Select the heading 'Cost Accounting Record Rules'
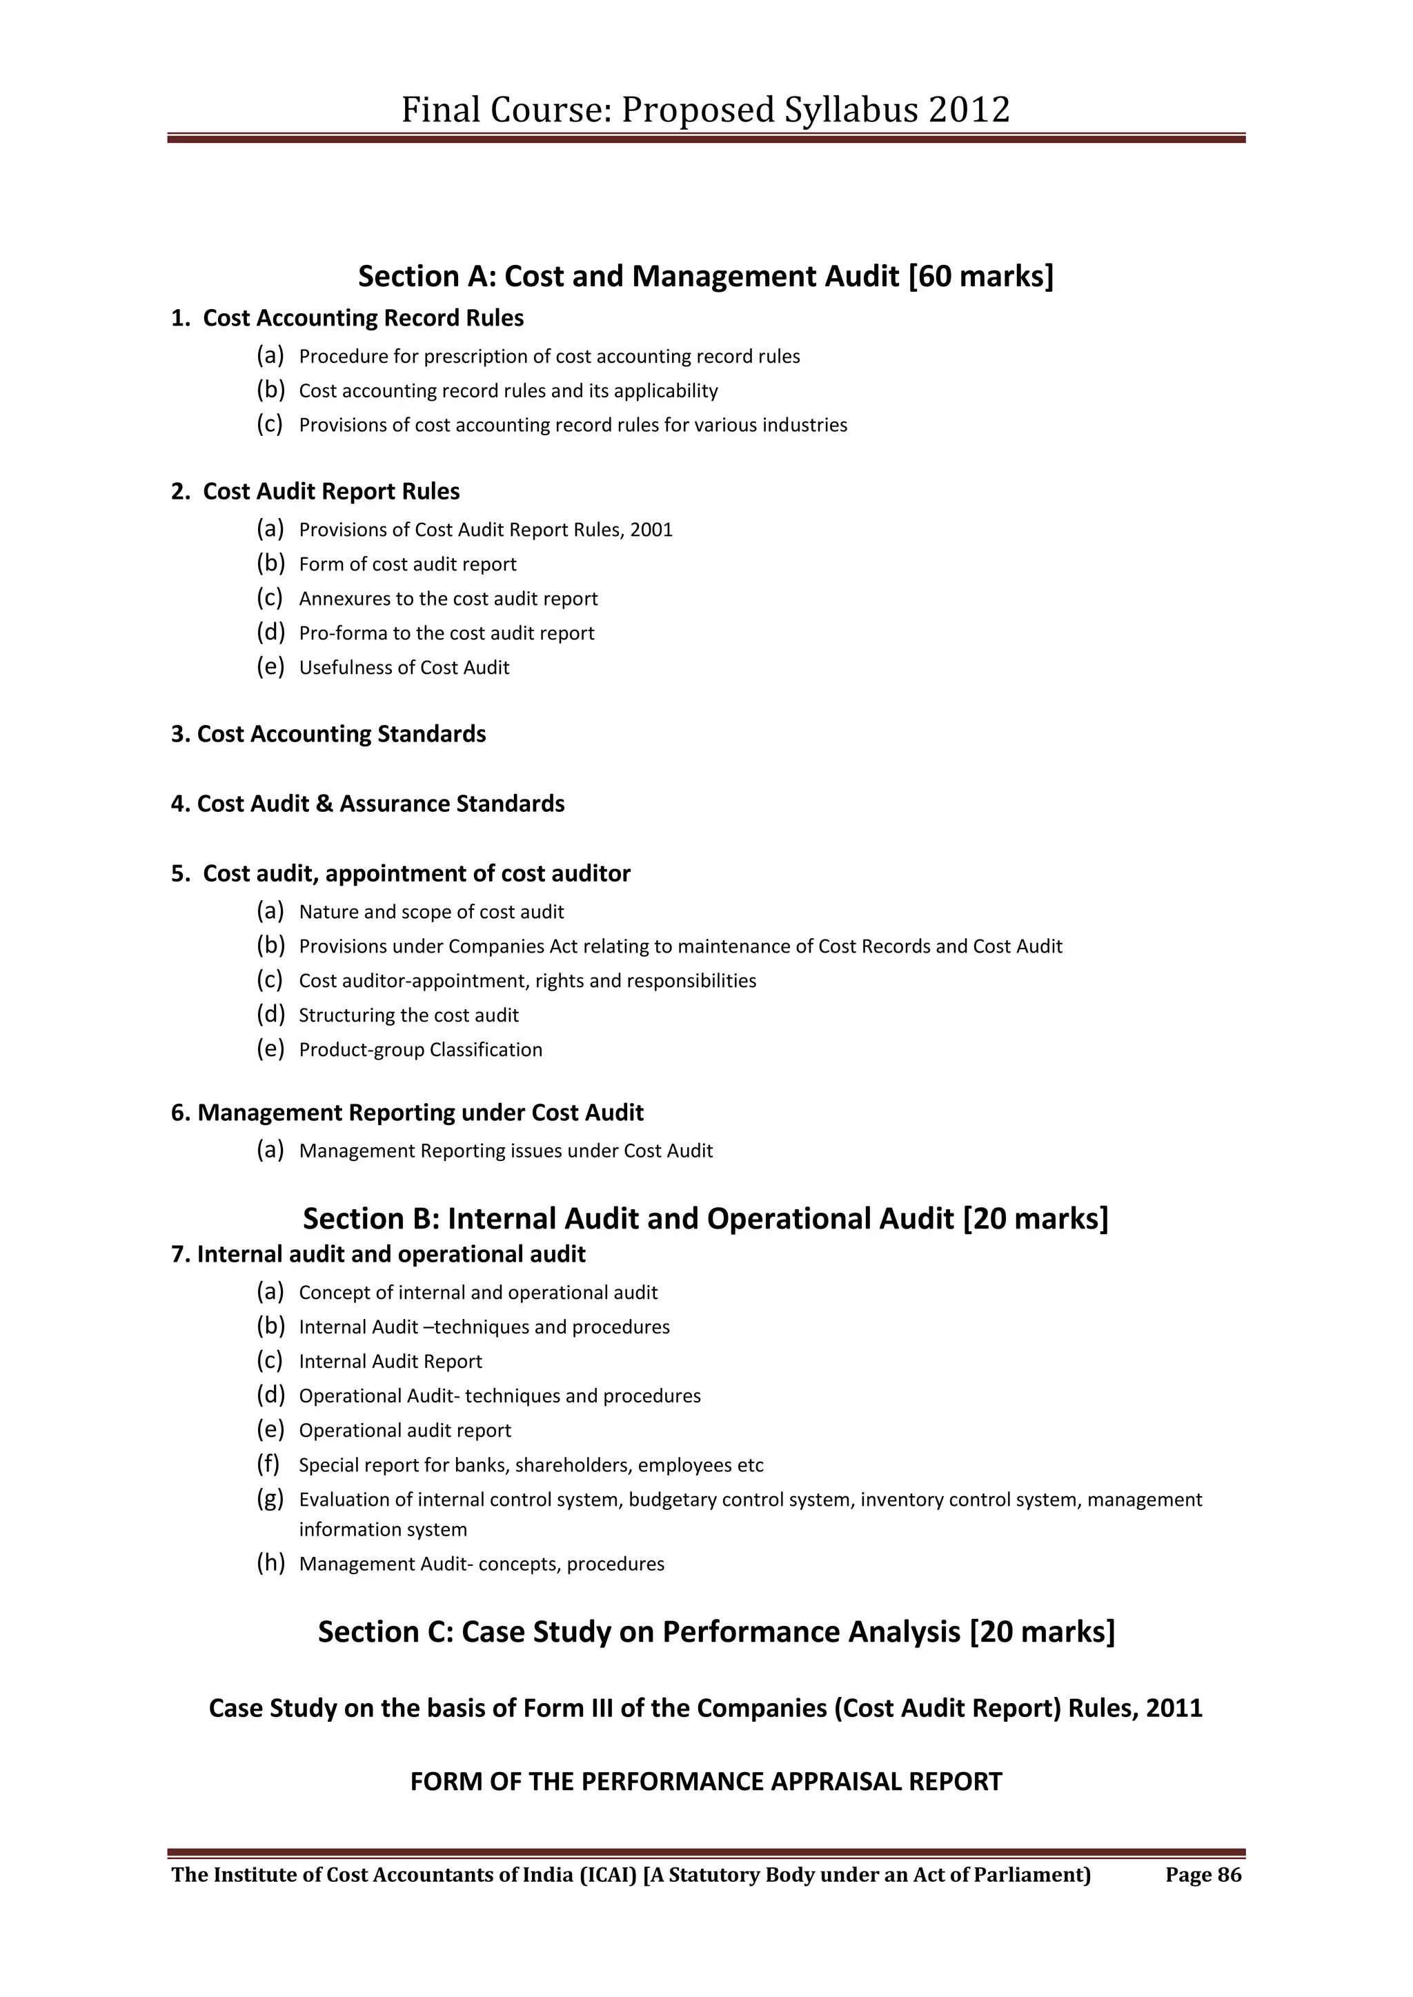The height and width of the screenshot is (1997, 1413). (x=363, y=318)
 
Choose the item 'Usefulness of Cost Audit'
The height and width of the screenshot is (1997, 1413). (x=404, y=668)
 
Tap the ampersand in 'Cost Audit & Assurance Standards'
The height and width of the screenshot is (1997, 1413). (x=324, y=804)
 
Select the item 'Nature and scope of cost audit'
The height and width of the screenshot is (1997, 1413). (x=431, y=913)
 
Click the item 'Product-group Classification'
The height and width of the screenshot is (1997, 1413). (x=420, y=1050)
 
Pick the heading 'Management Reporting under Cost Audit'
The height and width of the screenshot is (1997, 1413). (x=420, y=1113)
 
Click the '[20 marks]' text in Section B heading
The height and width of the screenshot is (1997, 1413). (x=1036, y=1220)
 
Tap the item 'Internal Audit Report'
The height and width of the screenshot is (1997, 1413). (x=390, y=1362)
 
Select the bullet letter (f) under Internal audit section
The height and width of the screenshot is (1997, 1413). (x=268, y=1464)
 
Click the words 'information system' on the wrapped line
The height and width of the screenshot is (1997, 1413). (x=383, y=1530)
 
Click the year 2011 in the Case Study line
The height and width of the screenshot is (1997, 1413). (x=1174, y=1708)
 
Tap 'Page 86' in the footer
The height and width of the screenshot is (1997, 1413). (x=1203, y=1875)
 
